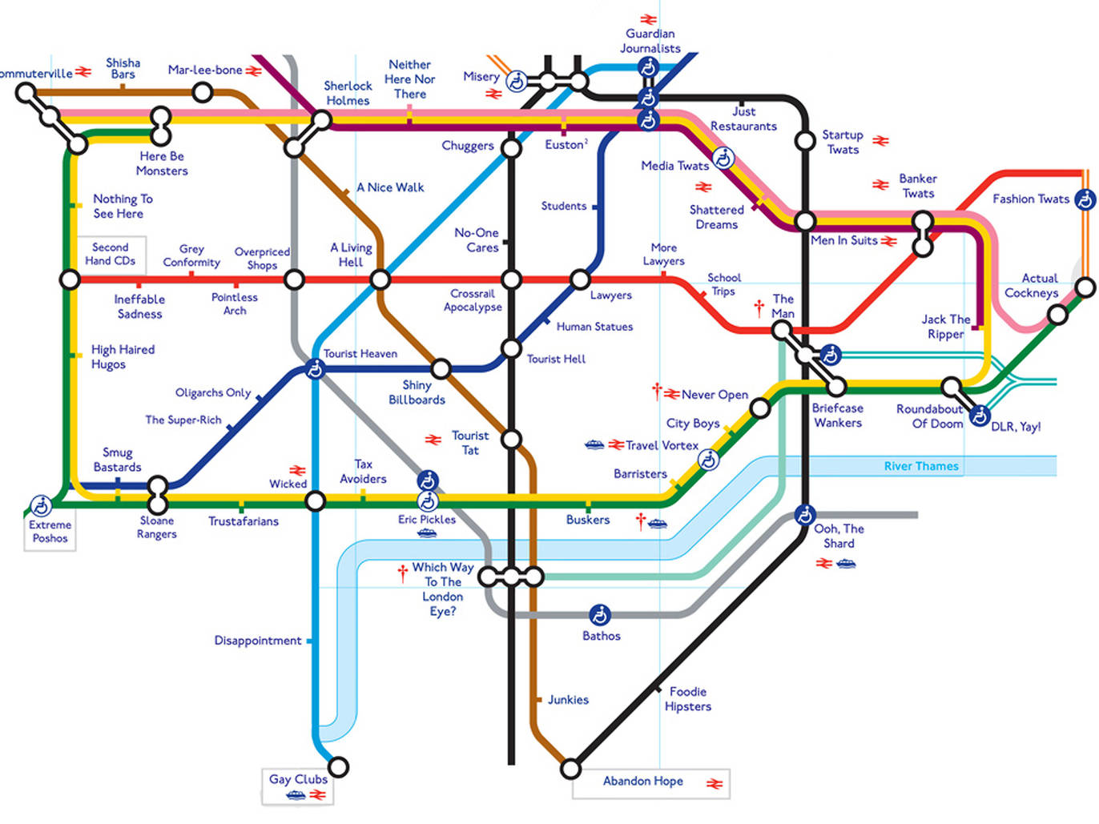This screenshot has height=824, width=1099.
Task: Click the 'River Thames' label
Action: click(x=921, y=466)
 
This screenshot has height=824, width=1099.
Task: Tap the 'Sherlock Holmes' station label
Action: click(x=348, y=93)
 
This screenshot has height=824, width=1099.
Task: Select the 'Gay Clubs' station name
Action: click(x=298, y=779)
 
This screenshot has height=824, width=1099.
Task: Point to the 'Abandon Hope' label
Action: click(x=642, y=781)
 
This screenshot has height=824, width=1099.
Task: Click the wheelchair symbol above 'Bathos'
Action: click(x=600, y=615)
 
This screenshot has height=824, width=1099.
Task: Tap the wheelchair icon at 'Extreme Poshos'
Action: click(x=41, y=505)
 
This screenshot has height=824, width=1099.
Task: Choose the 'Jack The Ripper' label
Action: click(x=945, y=327)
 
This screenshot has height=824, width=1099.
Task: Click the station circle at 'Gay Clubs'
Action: click(x=339, y=767)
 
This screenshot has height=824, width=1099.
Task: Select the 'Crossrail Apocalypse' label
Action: click(x=473, y=300)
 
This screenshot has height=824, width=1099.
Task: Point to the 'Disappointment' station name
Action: click(x=258, y=641)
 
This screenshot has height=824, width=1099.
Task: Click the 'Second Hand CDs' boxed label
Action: click(x=111, y=254)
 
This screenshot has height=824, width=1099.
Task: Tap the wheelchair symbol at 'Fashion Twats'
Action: click(x=1085, y=199)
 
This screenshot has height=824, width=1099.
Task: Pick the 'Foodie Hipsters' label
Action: click(x=688, y=699)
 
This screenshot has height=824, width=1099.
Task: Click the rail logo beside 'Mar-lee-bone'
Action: click(x=254, y=70)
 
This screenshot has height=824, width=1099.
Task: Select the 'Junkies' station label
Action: click(x=568, y=700)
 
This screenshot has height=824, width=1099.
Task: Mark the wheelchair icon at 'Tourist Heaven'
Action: click(x=315, y=369)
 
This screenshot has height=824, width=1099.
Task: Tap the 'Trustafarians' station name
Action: click(x=244, y=521)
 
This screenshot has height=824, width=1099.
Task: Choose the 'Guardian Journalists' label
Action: click(x=650, y=41)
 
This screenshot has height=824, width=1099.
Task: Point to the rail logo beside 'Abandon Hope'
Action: click(x=715, y=783)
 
